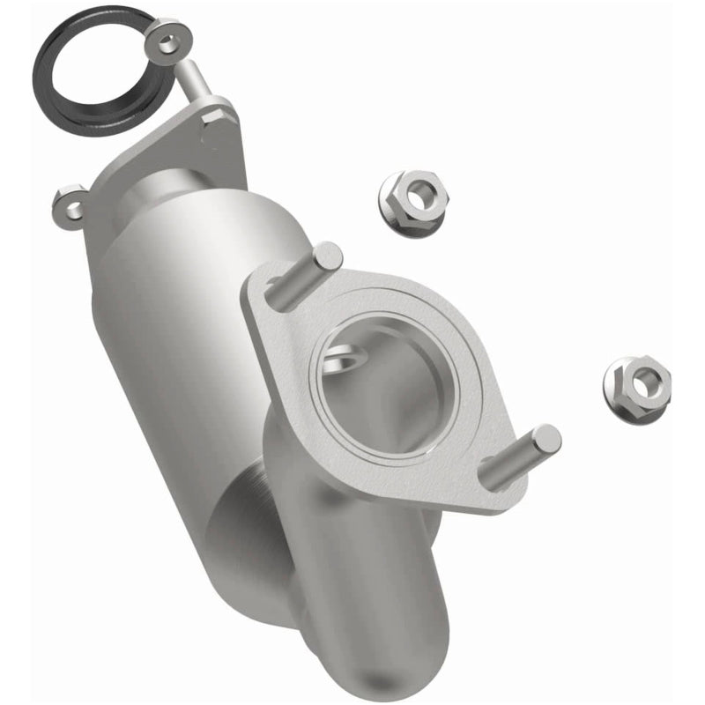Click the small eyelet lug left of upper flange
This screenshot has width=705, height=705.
point(70,204)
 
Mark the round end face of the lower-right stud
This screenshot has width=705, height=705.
point(545,439)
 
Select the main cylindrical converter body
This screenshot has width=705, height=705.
point(176,335)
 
